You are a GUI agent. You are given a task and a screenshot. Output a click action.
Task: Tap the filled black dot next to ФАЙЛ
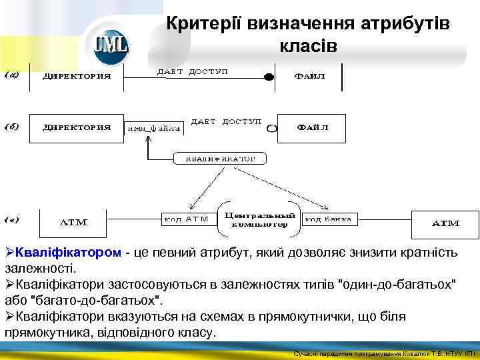(269, 77)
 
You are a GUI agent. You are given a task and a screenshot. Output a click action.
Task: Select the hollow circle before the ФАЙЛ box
(272, 128)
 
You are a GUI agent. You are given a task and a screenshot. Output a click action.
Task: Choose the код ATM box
(187, 219)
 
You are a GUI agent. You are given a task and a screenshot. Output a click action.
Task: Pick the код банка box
(330, 219)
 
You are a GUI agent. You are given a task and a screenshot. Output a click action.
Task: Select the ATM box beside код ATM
(73, 223)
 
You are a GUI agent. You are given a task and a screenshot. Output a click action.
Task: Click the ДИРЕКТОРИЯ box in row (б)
(77, 128)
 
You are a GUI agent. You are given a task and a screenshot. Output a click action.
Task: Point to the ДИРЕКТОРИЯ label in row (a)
(77, 75)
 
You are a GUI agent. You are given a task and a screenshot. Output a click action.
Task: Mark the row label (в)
(12, 219)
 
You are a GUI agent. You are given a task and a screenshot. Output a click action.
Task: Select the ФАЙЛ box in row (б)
(311, 128)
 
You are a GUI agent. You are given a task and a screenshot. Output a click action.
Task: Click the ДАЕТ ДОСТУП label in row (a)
(193, 71)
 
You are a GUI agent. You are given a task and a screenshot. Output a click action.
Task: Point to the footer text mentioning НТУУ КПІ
(384, 353)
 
